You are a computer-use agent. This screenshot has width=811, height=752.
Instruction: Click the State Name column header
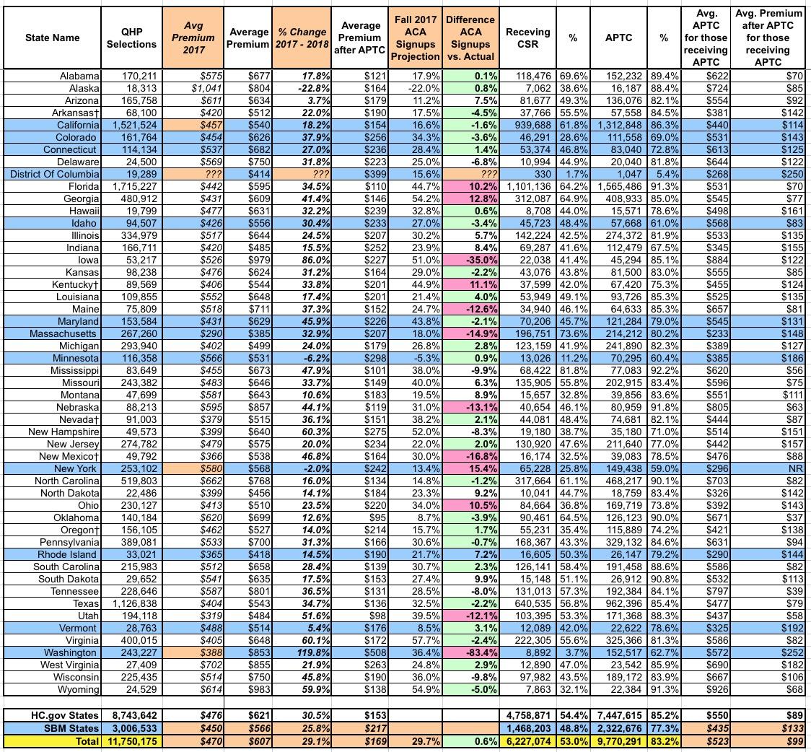click(x=52, y=38)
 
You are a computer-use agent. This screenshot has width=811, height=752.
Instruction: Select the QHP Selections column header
click(x=131, y=38)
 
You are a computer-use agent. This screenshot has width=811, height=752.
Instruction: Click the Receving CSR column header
click(x=527, y=38)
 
